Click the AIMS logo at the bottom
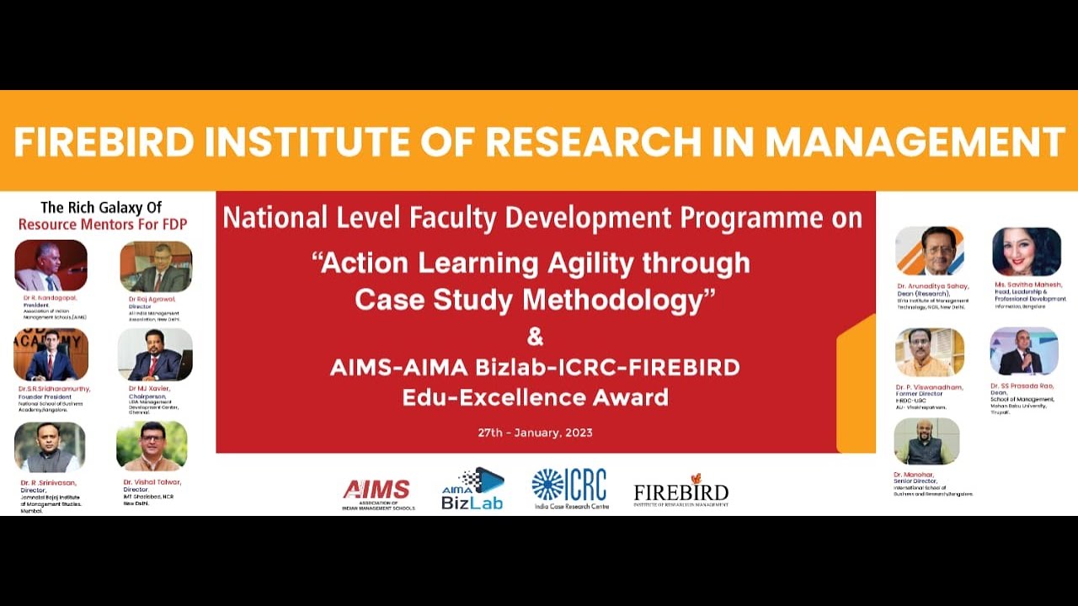pos(377,492)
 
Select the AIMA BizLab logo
pos(472,489)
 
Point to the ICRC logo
pos(569,488)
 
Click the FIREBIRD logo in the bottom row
pos(680,490)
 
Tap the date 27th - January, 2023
pos(535,433)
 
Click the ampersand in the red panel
pos(535,338)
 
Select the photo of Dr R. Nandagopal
pos(51,266)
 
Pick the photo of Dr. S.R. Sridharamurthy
pos(51,354)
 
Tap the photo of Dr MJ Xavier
pos(155,354)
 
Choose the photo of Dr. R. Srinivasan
pos(50,448)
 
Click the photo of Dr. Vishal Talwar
pos(152,446)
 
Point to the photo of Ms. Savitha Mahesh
pos(1026,252)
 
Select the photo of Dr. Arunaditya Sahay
pos(930,251)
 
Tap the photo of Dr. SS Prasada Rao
pos(1023,351)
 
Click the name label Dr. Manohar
pos(913,475)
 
